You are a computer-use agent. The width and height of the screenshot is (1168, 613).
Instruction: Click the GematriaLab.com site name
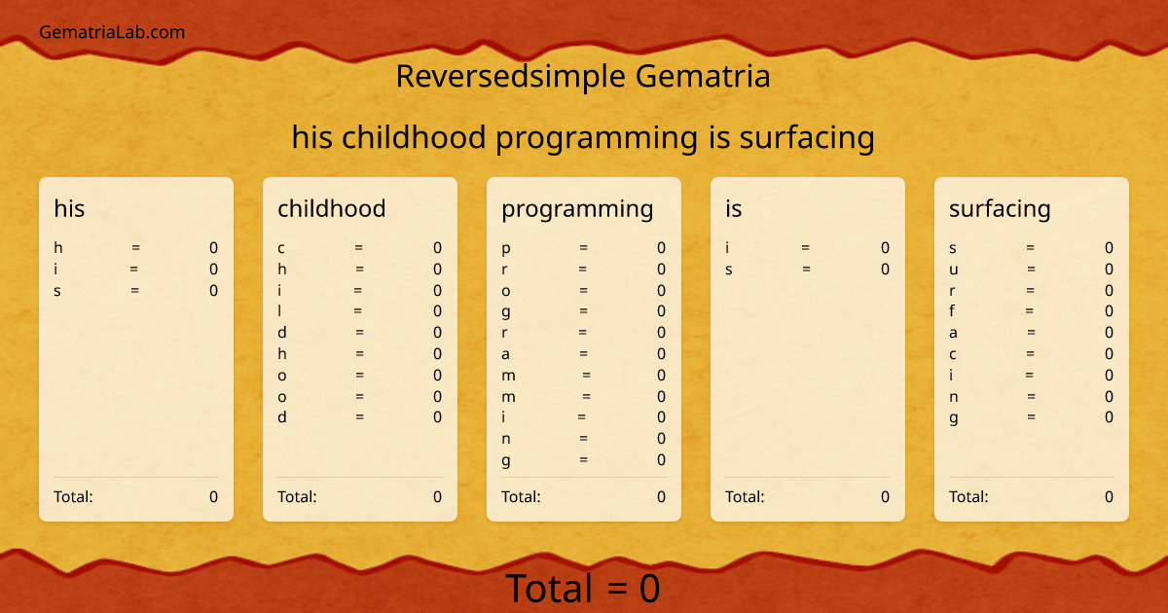(112, 32)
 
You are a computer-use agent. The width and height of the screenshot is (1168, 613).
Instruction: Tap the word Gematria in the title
(703, 76)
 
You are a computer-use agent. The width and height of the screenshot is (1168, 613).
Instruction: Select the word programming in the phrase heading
(597, 137)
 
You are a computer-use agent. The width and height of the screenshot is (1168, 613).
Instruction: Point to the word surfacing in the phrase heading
(807, 137)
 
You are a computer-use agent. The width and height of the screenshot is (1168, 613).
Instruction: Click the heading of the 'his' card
(69, 208)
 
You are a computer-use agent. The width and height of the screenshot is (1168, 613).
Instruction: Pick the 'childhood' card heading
(331, 208)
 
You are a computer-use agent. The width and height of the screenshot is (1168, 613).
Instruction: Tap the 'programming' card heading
(577, 208)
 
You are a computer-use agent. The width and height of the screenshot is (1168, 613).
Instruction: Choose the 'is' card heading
(733, 208)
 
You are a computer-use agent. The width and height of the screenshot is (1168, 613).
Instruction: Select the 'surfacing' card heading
(1000, 208)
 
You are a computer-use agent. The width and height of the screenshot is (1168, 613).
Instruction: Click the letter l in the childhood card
(280, 311)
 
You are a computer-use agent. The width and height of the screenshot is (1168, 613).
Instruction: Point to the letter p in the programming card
(506, 249)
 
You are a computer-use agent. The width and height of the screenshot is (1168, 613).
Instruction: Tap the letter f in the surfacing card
(952, 311)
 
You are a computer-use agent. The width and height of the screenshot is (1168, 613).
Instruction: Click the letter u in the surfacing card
(954, 270)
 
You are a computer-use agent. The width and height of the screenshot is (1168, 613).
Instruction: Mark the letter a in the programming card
(506, 354)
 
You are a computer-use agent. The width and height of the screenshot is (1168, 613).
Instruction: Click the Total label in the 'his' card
(73, 496)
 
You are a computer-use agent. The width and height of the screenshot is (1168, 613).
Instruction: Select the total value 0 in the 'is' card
(885, 496)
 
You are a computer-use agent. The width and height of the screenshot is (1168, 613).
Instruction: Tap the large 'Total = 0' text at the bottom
(582, 589)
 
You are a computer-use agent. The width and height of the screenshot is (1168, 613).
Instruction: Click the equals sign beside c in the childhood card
(359, 248)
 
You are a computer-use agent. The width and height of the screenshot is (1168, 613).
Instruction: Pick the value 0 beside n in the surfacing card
(1109, 396)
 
